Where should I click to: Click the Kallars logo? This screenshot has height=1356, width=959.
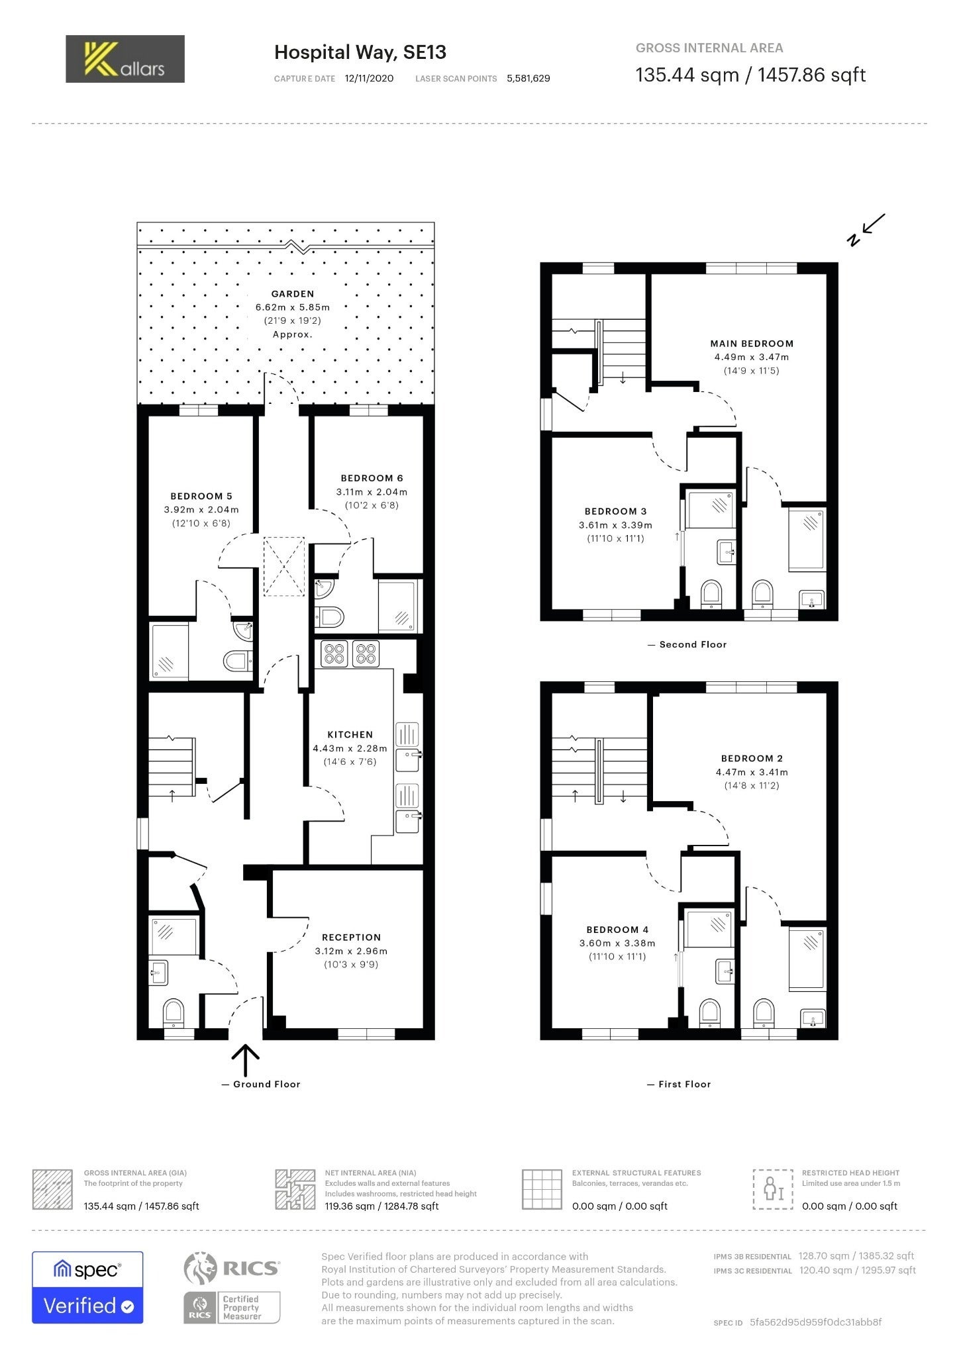[125, 59]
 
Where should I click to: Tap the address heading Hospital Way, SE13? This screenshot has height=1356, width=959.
[360, 52]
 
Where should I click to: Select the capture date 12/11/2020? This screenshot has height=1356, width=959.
[369, 78]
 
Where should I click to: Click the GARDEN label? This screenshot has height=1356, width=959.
[293, 294]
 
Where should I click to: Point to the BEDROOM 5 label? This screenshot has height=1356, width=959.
[201, 496]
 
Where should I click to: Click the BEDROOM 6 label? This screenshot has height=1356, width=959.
[372, 478]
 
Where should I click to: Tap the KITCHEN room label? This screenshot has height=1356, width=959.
[350, 734]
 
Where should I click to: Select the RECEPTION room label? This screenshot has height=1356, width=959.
[351, 937]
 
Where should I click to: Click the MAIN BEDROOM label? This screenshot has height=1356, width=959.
[752, 344]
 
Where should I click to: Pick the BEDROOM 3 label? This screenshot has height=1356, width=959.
[615, 511]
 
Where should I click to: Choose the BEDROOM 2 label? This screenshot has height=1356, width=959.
[752, 758]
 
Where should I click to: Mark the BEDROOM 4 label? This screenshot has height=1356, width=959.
[617, 930]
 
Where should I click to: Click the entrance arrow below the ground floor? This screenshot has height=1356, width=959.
[245, 1060]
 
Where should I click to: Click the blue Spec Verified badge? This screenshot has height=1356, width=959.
[87, 1287]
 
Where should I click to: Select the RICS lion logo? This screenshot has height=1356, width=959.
[200, 1268]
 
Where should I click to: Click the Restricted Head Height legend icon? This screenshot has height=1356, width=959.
[773, 1189]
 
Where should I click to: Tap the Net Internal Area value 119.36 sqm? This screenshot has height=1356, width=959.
[350, 1206]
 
